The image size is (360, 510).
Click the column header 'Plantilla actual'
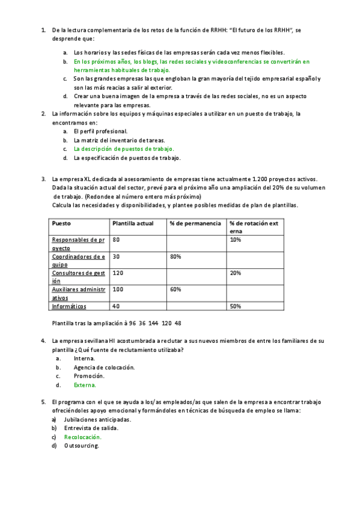[133, 223]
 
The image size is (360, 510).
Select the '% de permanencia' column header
[191, 223]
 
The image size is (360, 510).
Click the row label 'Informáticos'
[69, 306]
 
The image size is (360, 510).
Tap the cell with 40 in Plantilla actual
[116, 306]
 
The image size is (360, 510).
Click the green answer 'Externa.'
[85, 385]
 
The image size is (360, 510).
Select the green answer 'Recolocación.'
[83, 437]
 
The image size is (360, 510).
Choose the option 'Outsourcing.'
[81, 446]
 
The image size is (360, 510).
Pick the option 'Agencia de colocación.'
[104, 367]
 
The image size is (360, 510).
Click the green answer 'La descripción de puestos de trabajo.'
[124, 149]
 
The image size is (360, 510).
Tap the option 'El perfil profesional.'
[100, 131]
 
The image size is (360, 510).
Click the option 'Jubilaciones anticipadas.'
[97, 419]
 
